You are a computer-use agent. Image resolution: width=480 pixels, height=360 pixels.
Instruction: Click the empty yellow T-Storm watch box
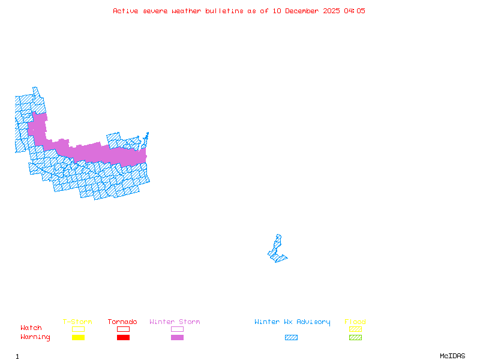[78, 329]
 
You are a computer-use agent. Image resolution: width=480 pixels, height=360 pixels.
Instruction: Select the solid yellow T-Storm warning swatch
[78, 337]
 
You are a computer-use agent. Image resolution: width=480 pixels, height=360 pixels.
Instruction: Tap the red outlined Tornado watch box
[123, 329]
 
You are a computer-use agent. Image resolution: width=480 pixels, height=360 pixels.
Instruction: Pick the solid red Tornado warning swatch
[123, 337]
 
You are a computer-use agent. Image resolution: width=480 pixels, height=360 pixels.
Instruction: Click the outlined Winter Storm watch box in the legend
[177, 329]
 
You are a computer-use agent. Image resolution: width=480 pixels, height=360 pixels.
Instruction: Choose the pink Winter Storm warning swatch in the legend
[177, 337]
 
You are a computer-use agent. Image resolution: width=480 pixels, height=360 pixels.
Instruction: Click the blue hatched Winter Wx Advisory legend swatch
[291, 337]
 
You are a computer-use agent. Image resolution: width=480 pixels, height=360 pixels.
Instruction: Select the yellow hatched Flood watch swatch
[355, 329]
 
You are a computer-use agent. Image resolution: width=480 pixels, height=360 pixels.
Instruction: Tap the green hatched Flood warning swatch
[355, 337]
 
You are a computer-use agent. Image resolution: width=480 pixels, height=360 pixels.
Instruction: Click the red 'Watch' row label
[31, 328]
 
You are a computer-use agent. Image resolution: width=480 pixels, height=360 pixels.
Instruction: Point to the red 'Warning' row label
[35, 337]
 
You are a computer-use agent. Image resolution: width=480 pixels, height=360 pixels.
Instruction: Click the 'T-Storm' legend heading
[77, 322]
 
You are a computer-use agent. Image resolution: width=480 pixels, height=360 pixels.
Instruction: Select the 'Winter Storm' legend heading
[175, 322]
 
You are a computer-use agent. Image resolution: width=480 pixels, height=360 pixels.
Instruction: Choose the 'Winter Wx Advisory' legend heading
[292, 322]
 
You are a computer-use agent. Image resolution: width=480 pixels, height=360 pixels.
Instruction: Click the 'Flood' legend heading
[355, 322]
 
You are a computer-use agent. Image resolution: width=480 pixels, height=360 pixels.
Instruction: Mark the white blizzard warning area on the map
[279, 230]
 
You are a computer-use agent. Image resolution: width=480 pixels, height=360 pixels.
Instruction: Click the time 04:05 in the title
[354, 11]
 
